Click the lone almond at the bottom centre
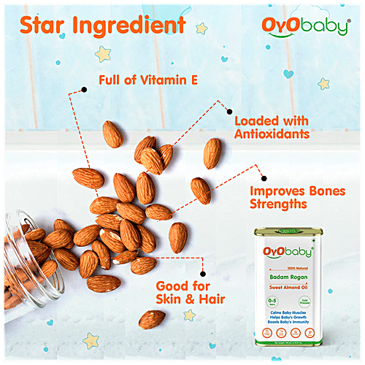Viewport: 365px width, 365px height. tap(153, 318)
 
